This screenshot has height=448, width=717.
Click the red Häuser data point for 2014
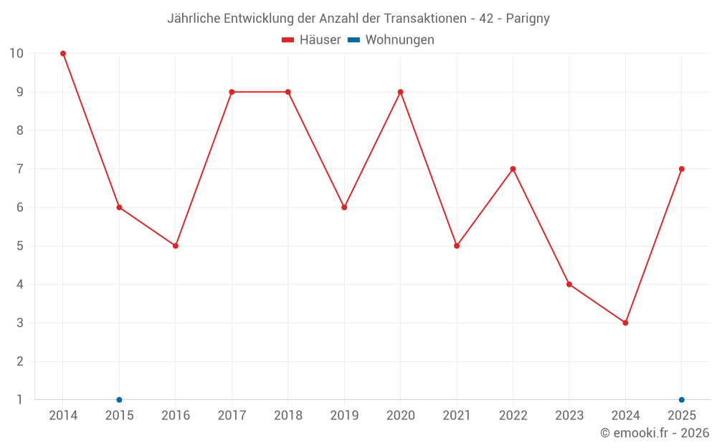pyautogui.click(x=63, y=54)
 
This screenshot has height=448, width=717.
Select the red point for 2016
pyautogui.click(x=176, y=246)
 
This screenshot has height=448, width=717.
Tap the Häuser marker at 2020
pyautogui.click(x=401, y=92)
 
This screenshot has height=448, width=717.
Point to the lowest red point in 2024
pyautogui.click(x=625, y=323)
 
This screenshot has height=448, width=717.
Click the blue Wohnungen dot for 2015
pyautogui.click(x=119, y=400)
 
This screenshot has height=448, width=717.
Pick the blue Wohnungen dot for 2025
pyautogui.click(x=682, y=400)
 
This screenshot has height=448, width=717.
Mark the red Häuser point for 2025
pyautogui.click(x=682, y=169)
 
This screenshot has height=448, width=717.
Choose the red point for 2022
pyautogui.click(x=513, y=169)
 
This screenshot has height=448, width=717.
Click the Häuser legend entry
pyautogui.click(x=311, y=39)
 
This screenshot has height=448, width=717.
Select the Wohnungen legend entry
pyautogui.click(x=391, y=39)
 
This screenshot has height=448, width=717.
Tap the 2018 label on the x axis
pyautogui.click(x=288, y=415)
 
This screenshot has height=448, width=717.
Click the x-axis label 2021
pyautogui.click(x=457, y=415)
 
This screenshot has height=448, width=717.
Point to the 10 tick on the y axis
pyautogui.click(x=16, y=54)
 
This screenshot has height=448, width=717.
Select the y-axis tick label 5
pyautogui.click(x=19, y=246)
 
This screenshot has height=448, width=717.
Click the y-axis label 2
pyautogui.click(x=19, y=361)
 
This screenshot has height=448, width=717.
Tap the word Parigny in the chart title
pyautogui.click(x=528, y=19)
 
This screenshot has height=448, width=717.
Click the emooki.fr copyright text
pyautogui.click(x=655, y=432)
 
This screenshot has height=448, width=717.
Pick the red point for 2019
pyautogui.click(x=344, y=208)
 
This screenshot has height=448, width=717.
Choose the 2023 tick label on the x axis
pyautogui.click(x=569, y=415)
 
